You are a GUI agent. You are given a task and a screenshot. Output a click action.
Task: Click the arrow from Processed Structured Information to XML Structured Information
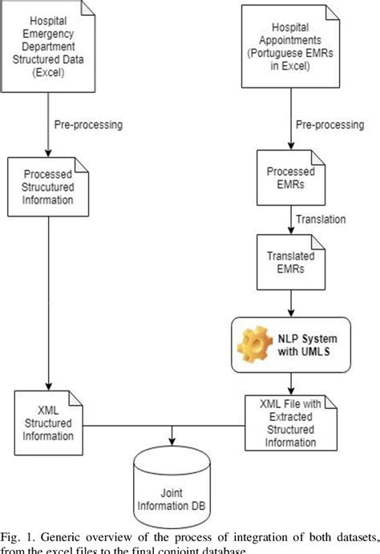[x=50, y=305]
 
